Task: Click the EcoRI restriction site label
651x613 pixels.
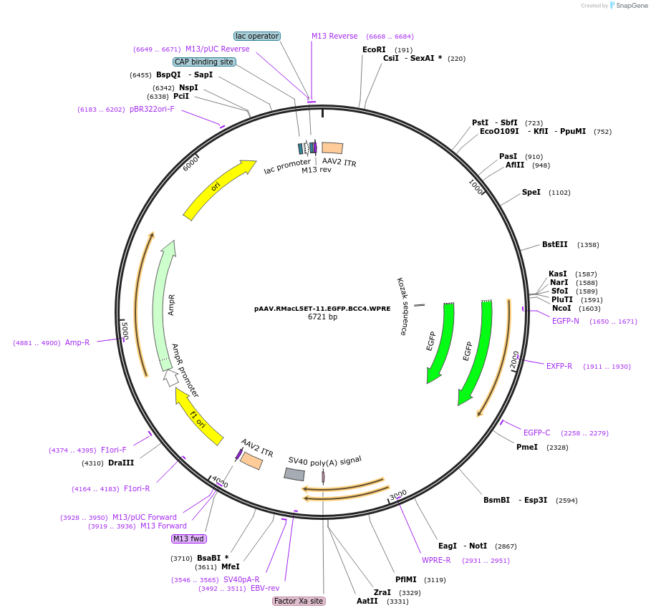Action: tap(374, 49)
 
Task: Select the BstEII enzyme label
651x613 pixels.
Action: tap(554, 244)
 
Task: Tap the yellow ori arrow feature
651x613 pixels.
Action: tap(218, 188)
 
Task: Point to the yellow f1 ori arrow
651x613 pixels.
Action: tap(198, 417)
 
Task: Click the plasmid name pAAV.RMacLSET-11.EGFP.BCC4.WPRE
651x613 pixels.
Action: tap(322, 309)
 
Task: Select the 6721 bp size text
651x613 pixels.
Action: tap(322, 317)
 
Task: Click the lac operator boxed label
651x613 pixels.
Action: tap(257, 36)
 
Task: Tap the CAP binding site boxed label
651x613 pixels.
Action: tap(204, 62)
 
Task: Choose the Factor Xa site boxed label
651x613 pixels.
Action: tap(299, 601)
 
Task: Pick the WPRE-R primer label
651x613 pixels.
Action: tap(436, 560)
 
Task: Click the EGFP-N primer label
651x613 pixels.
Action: tap(566, 321)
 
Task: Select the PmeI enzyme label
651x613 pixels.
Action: tap(527, 447)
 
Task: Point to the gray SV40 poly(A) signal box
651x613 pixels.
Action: tap(294, 474)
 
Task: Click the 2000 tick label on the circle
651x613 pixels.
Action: tap(514, 360)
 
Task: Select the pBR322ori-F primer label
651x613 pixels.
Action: tap(152, 109)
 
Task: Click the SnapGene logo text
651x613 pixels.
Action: tap(632, 5)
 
